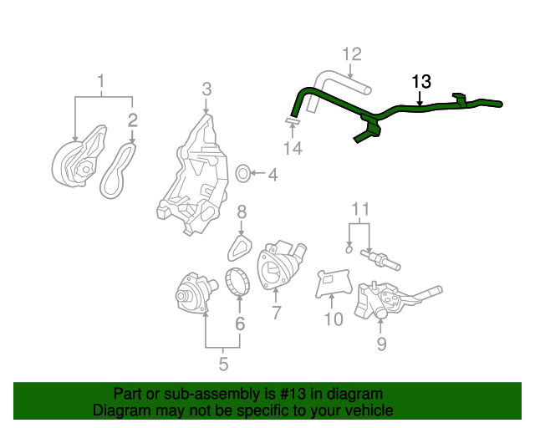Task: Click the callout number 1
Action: (102, 82)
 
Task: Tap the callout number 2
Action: (132, 121)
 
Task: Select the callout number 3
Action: (206, 89)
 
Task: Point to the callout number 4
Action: (272, 175)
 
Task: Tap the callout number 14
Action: (291, 148)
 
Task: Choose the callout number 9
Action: (381, 343)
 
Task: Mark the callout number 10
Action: (333, 318)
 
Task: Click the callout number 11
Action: (359, 208)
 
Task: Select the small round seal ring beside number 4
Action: (242, 174)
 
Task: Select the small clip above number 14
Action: (291, 123)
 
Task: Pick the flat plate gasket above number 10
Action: (332, 283)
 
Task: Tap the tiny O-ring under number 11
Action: (349, 247)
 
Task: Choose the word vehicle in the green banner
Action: (369, 410)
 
